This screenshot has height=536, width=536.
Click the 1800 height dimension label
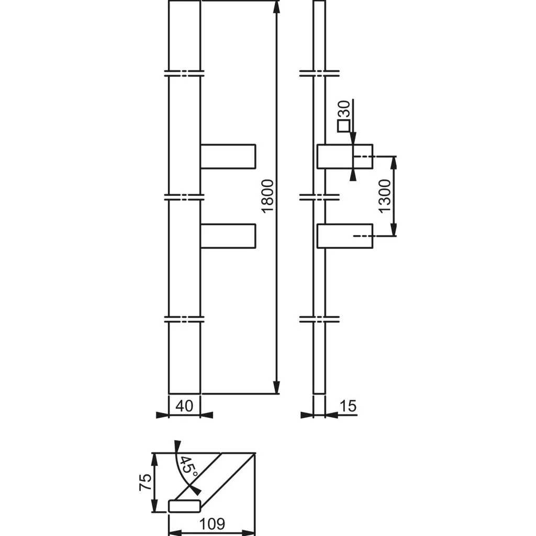click(267, 196)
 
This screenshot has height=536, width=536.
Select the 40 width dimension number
click(184, 405)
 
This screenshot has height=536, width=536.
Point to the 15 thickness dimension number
click(348, 405)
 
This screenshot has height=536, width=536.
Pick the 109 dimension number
click(212, 523)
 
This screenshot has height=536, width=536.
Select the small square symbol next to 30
click(343, 126)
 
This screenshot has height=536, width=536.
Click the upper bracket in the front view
click(228, 157)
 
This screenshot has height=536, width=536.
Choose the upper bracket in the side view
click(345, 157)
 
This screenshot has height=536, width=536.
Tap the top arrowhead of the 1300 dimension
click(394, 162)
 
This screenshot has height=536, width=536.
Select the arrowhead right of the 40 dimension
click(206, 415)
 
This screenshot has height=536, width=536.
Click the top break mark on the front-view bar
click(184, 73)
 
